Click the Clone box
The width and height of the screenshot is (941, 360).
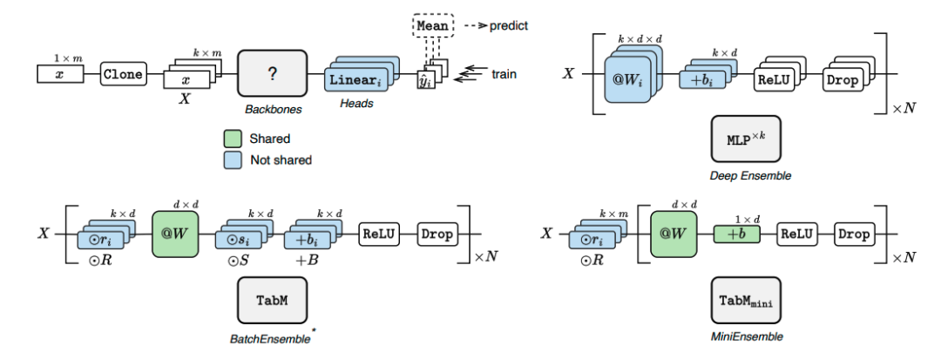[123, 74]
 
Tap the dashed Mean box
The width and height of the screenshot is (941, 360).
[432, 26]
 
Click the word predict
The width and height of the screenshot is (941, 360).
[509, 25]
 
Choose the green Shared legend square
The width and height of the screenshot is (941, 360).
[231, 139]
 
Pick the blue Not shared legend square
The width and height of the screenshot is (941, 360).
[231, 160]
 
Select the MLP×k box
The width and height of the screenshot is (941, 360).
[743, 140]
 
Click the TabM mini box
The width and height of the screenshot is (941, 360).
[745, 301]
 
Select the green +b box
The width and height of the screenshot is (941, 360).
[736, 234]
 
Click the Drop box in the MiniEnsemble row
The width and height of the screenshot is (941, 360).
[854, 234]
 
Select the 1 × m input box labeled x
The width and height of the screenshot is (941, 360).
[60, 74]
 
